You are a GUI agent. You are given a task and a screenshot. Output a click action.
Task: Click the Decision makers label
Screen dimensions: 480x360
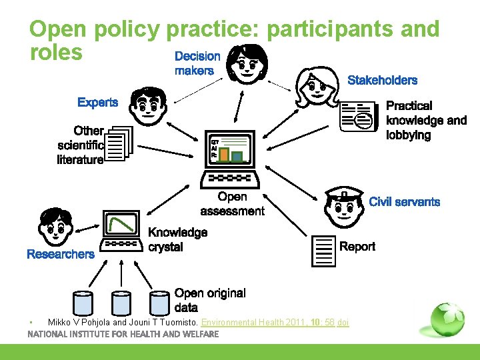pos(197,63)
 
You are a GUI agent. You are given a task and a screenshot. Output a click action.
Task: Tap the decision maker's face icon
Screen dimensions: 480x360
pos(248,65)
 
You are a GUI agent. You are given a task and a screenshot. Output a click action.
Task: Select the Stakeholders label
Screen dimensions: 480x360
pos(383,81)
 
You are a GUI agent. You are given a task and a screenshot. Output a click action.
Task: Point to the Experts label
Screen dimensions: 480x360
pos(97,103)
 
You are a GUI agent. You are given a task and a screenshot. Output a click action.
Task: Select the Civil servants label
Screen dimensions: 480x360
pos(404,202)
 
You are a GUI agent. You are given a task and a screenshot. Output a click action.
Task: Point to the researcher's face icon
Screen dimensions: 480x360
pos(55,227)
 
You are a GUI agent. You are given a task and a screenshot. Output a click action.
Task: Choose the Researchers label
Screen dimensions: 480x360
pos(61,255)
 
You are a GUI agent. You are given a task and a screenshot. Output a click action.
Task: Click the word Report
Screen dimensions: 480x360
pos(357,247)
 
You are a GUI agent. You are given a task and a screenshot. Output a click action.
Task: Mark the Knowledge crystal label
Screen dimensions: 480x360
pos(177,240)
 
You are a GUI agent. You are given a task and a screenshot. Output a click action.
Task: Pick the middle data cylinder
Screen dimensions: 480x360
pos(120,303)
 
